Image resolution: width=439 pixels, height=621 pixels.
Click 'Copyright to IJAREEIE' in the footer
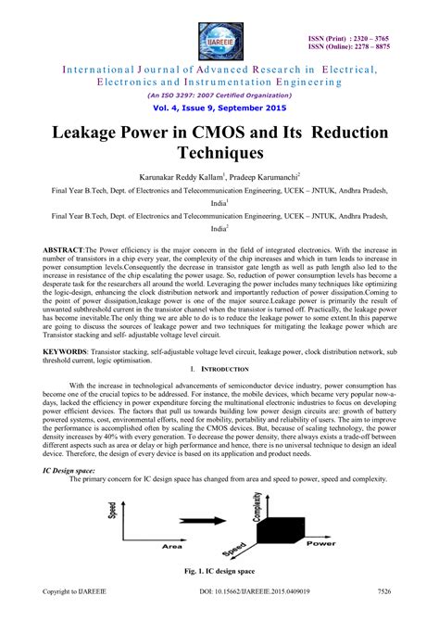(x=71, y=613)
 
